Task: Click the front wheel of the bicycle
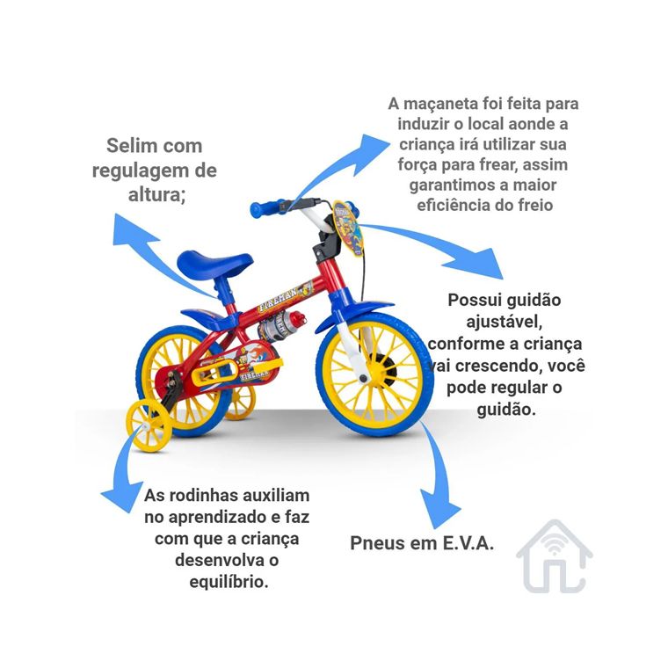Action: pos(375,375)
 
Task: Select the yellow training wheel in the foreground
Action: pos(149,425)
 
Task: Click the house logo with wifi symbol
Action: pos(555,556)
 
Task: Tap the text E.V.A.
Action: pos(468,543)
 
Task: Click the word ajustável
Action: pos(504,322)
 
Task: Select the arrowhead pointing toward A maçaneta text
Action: pos(371,153)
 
